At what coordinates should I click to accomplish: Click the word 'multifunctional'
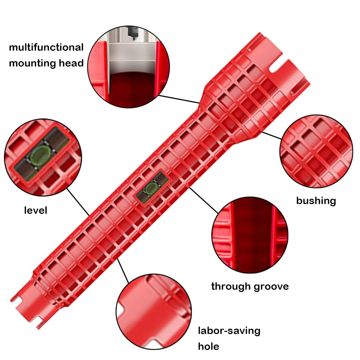[46, 47]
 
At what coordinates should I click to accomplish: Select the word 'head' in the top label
[71, 63]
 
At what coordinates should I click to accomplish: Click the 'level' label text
[36, 210]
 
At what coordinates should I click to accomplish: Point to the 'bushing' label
[316, 201]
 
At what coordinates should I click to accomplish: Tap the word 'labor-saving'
[229, 331]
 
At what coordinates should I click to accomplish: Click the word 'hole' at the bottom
[208, 346]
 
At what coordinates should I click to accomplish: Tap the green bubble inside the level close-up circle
[40, 155]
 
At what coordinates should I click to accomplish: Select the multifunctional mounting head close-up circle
[129, 67]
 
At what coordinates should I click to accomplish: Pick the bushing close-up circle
[316, 151]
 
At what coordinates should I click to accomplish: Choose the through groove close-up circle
[250, 235]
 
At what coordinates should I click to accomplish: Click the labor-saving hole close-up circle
[154, 311]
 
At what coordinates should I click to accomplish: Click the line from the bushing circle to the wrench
[271, 135]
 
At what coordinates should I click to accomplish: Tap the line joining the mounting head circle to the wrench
[179, 99]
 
